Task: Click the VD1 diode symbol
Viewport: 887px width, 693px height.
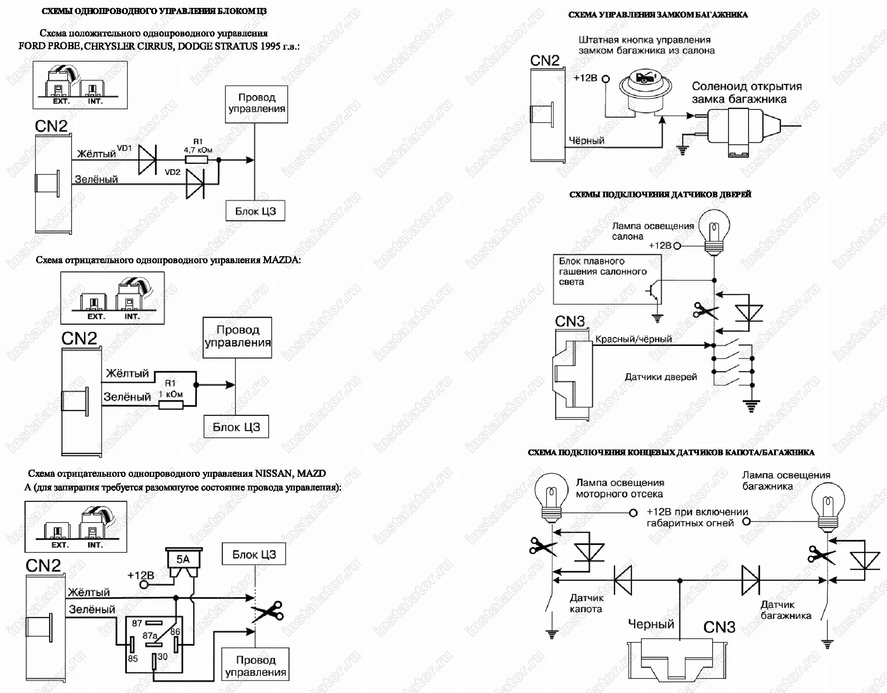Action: pos(147,160)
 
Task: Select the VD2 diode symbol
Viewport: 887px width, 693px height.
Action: pos(195,184)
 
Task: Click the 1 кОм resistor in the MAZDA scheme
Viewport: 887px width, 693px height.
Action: pos(170,405)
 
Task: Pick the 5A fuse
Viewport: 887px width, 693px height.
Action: pos(183,564)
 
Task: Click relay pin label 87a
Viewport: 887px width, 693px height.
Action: pos(150,636)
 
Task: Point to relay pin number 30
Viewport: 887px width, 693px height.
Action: pos(163,657)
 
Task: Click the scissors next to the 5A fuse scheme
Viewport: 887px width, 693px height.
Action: pos(267,611)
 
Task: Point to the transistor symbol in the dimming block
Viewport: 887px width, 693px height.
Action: pos(653,292)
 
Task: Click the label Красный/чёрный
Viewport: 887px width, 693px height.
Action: pos(633,339)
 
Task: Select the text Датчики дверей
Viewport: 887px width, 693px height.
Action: pos(660,377)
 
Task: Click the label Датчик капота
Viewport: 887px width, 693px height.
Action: pos(586,603)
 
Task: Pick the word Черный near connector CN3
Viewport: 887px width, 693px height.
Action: pos(651,624)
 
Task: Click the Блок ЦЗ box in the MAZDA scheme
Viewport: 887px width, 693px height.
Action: pos(236,427)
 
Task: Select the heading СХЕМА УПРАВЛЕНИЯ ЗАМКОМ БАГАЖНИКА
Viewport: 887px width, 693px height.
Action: pos(658,15)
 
